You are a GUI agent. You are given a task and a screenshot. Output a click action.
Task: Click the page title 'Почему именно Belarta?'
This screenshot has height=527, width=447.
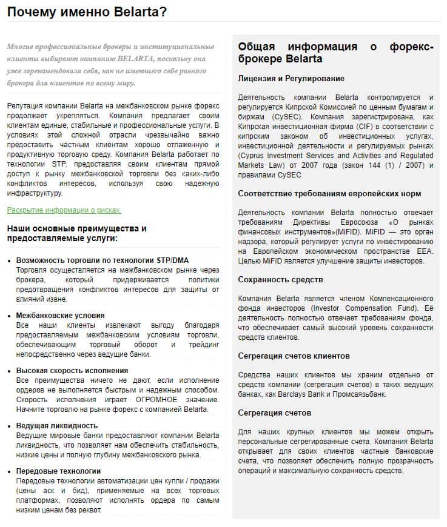tap(87, 12)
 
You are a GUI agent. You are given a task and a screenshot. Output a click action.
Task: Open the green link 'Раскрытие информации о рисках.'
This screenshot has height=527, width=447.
tap(64, 210)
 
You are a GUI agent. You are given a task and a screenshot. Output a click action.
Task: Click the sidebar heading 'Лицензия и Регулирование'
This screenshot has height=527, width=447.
tap(291, 79)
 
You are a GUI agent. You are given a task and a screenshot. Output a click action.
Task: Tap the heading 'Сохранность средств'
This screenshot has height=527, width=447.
tap(280, 280)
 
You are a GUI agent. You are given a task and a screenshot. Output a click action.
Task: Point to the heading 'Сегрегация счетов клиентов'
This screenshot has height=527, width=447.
tap(294, 356)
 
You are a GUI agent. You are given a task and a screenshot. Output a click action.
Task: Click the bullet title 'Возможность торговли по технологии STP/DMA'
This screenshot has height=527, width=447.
tap(103, 260)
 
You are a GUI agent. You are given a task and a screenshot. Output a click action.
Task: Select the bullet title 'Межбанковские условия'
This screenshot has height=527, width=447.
tap(61, 316)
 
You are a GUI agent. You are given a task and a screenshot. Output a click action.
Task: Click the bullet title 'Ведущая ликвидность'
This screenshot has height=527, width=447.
tap(57, 425)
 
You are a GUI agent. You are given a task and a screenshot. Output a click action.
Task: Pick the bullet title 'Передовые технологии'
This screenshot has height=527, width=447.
tap(59, 471)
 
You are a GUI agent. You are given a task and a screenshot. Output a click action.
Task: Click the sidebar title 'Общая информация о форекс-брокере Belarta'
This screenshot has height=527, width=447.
tap(335, 53)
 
